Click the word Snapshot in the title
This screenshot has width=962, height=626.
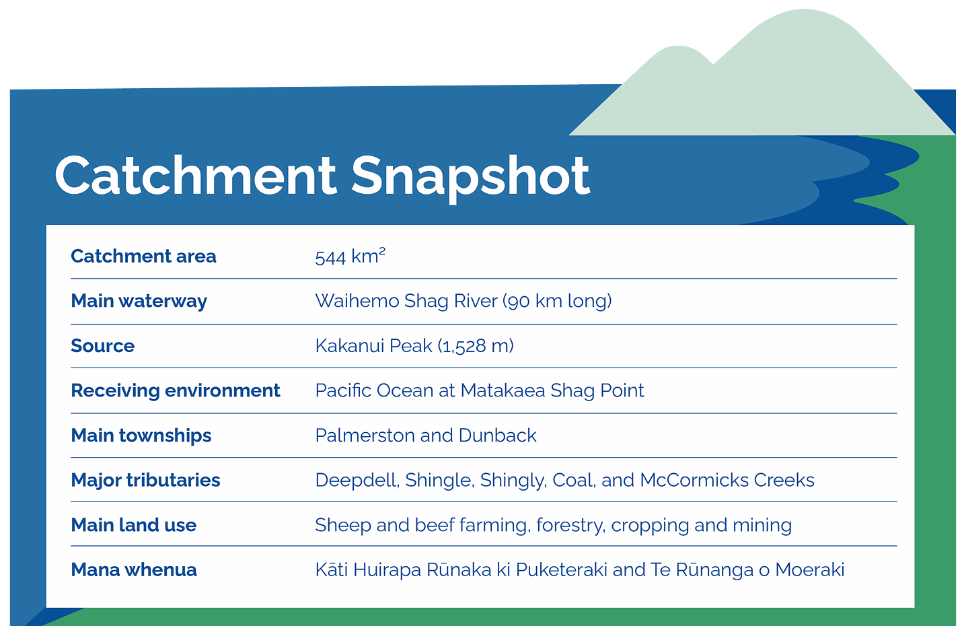[470, 178]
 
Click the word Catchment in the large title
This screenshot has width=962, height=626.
[195, 175]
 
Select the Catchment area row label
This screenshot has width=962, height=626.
[143, 256]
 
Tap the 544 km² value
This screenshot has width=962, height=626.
[350, 256]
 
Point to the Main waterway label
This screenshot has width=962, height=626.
[139, 301]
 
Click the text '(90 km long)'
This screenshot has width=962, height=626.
[558, 301]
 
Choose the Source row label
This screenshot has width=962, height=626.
[103, 346]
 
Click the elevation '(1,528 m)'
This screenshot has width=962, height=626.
[476, 346]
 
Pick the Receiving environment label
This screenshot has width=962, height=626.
[175, 391]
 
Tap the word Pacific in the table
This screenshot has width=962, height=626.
[342, 390]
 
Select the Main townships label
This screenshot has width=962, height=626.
[141, 436]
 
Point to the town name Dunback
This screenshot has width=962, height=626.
[497, 436]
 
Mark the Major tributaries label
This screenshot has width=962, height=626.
[145, 481]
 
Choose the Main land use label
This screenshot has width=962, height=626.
[134, 525]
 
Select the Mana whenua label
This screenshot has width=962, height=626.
[134, 570]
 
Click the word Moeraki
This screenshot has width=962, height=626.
[809, 570]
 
